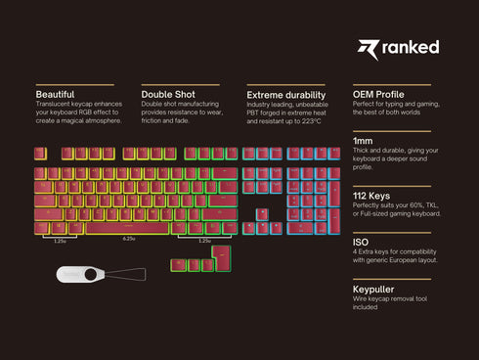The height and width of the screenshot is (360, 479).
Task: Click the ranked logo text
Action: (412, 48)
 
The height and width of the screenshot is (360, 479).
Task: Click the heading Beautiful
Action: (56, 94)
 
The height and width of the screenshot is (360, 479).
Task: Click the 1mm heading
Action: (363, 141)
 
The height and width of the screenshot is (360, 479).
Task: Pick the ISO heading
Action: (360, 241)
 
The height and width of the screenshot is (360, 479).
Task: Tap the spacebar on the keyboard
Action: (128, 228)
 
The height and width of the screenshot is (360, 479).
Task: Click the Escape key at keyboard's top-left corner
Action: (41, 154)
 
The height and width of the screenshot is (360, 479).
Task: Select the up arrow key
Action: (261, 213)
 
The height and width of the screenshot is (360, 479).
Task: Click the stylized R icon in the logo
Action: (367, 49)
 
